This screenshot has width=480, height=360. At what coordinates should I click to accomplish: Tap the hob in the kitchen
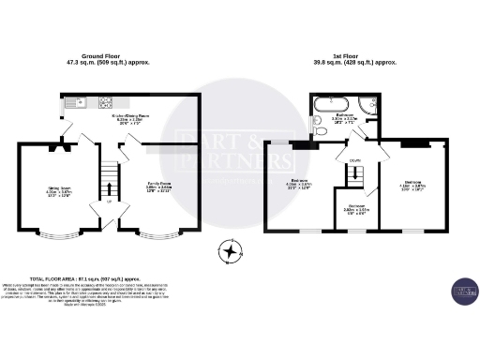(105, 102)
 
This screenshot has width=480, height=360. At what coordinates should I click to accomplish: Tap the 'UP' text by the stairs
(110, 201)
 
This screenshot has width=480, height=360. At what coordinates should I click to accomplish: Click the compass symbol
(228, 250)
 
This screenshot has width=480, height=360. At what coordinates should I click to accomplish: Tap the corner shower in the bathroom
(371, 104)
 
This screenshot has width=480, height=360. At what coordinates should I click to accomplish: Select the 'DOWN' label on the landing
(355, 160)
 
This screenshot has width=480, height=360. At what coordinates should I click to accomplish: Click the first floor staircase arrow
(355, 178)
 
